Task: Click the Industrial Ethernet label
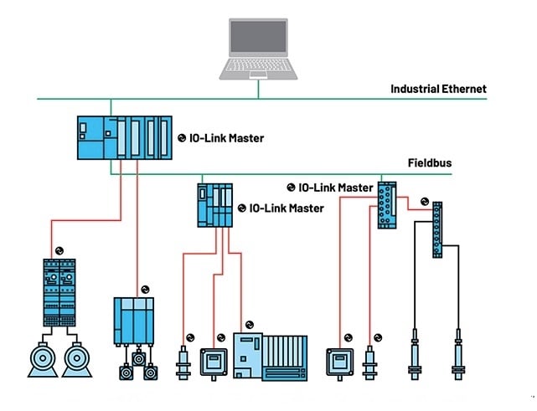438,89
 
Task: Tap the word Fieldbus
429,162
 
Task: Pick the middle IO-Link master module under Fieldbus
214,205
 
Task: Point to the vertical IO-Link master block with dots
387,204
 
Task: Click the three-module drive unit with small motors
135,321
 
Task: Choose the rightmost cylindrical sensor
458,355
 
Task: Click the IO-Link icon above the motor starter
59,250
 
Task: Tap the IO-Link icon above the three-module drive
144,288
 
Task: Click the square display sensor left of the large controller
213,361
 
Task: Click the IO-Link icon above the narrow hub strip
425,201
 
